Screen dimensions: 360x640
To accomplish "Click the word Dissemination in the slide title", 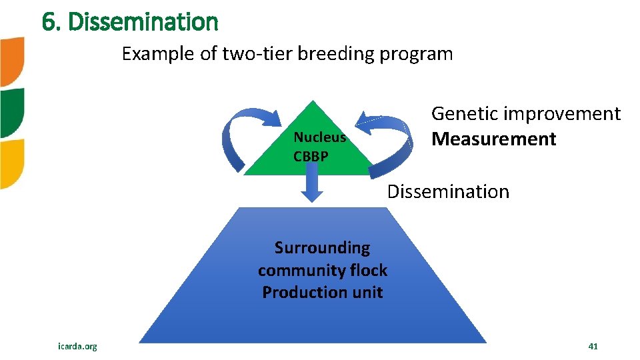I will coord(143,22).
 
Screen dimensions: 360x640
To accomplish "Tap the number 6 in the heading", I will coord(48,22).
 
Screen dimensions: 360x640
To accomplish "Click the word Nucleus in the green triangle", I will coord(319,137).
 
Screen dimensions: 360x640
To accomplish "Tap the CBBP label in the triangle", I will coord(310,157).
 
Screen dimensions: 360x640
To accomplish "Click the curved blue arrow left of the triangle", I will coord(243,137).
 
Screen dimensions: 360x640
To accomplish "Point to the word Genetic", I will coord(465,114).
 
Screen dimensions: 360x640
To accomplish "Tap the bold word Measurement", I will coord(493,139).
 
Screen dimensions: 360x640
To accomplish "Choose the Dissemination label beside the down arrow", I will coord(448,192).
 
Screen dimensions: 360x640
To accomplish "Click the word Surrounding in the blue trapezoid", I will coord(322,248).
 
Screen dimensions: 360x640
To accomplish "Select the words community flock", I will coord(322,270).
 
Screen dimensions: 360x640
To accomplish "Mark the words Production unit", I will coord(322,292).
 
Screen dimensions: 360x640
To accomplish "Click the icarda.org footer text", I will coord(77,346).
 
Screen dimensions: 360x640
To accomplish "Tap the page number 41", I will coord(593,346).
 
